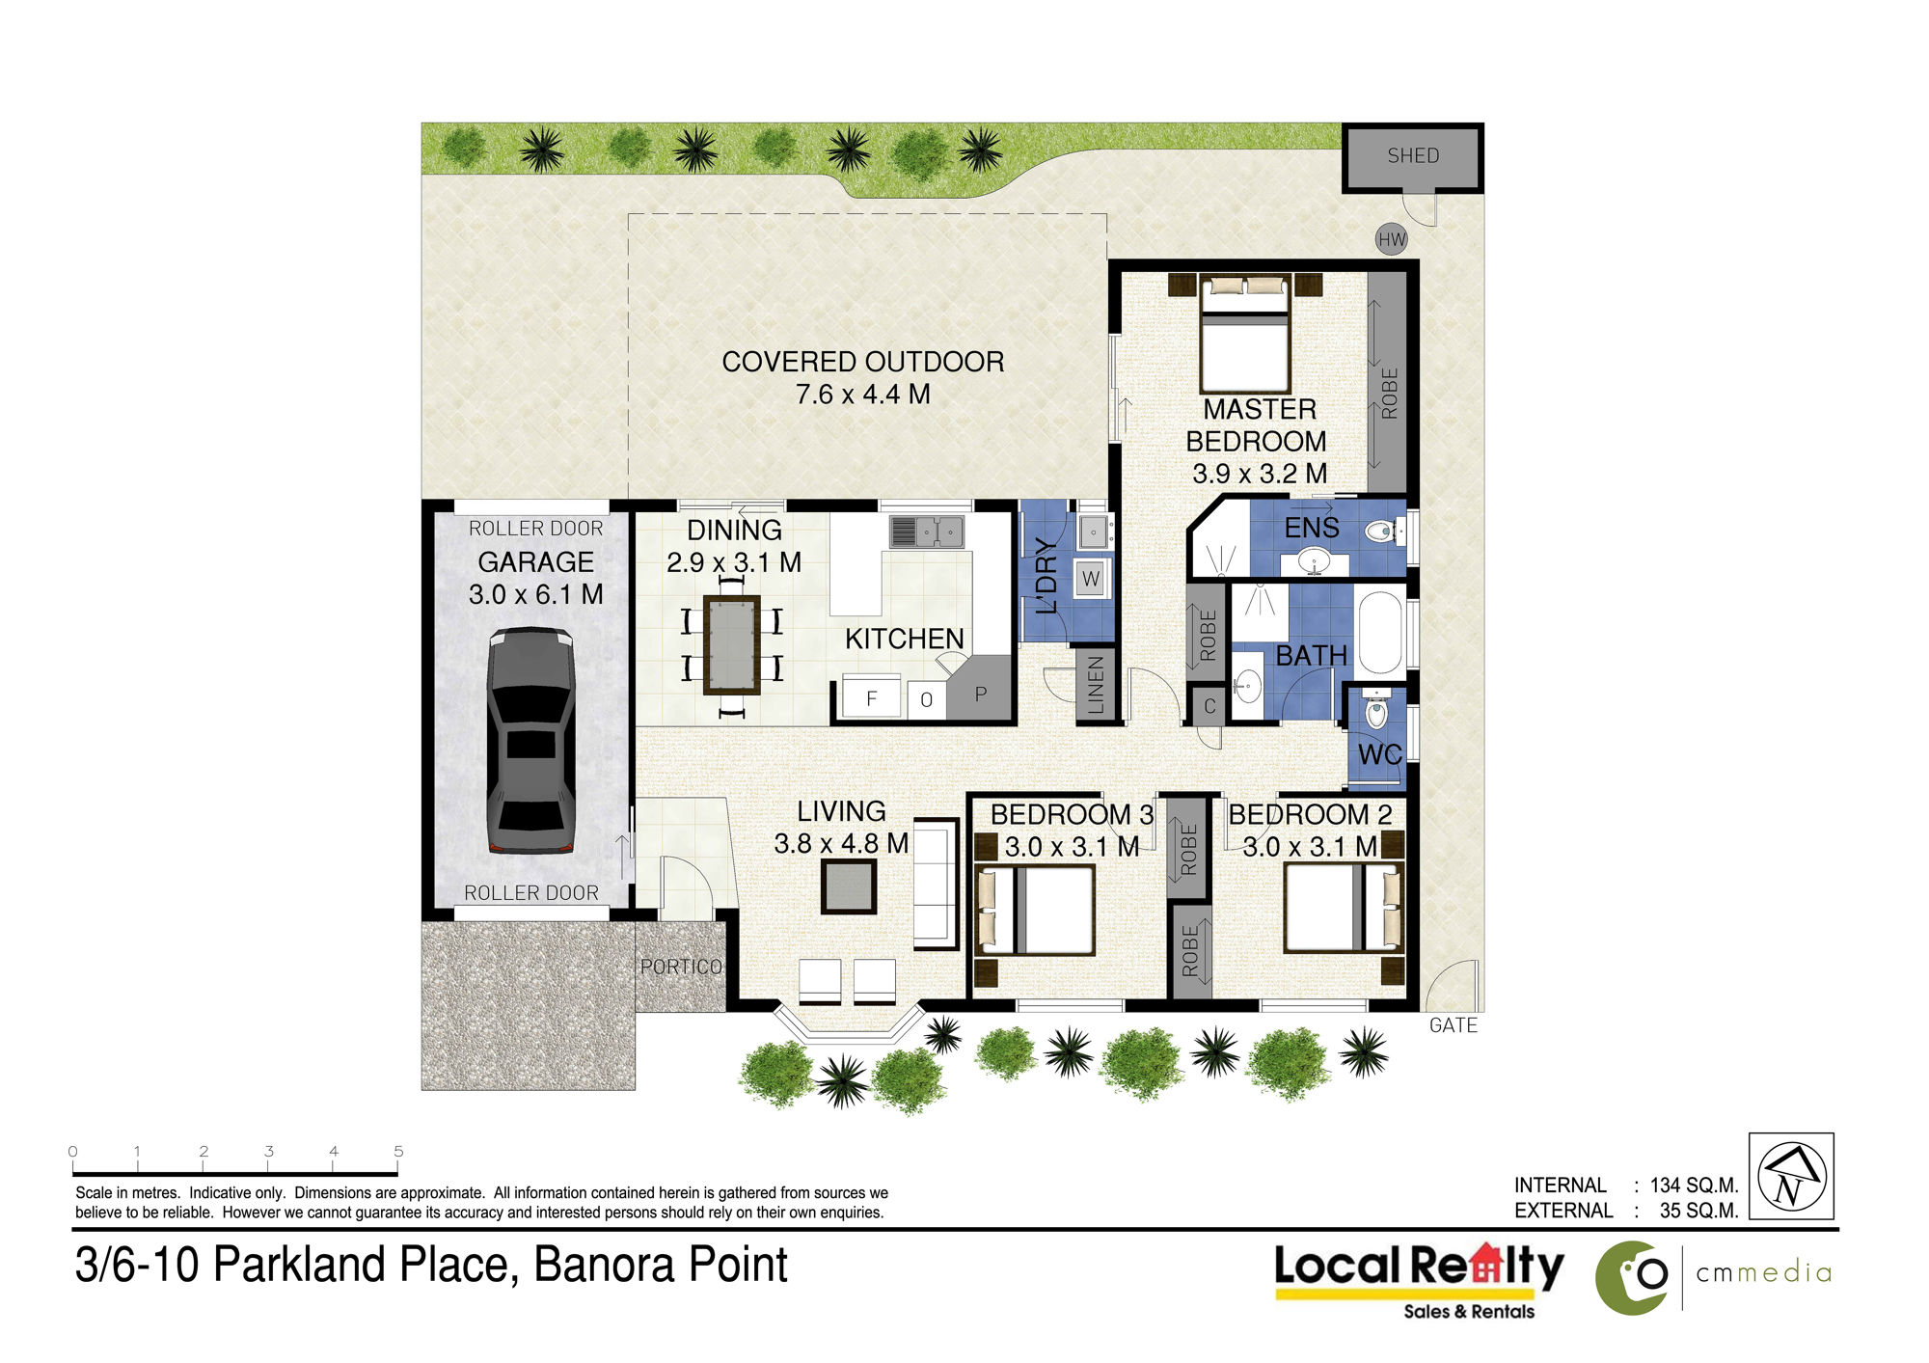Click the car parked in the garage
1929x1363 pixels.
(531, 740)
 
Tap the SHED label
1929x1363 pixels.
(1413, 155)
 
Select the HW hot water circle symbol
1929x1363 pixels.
(1392, 240)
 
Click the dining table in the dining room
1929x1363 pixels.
(732, 644)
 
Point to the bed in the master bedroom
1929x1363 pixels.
(1245, 334)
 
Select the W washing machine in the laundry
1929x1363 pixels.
(1091, 579)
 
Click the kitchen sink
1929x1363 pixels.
(926, 532)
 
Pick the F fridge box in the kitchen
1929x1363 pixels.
(872, 697)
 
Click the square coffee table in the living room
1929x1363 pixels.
(849, 886)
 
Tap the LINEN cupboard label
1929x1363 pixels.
(1096, 685)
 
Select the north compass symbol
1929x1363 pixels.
(1791, 1176)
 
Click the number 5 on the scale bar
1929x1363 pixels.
(398, 1151)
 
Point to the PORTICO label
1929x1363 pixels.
(681, 967)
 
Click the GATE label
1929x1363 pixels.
(1454, 1025)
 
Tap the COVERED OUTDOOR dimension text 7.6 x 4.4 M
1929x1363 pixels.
(863, 395)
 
